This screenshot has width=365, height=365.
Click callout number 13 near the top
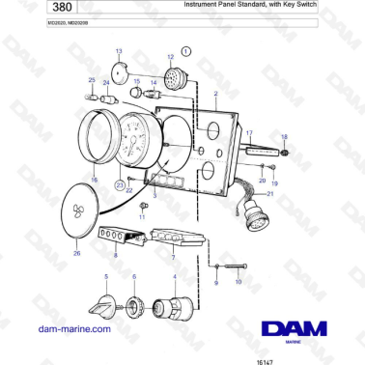pyautogui.click(x=119, y=49)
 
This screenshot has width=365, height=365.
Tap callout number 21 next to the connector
pyautogui.click(x=270, y=193)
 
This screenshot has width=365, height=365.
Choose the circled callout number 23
pyautogui.click(x=119, y=182)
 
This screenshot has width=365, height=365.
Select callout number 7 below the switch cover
pyautogui.click(x=172, y=258)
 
